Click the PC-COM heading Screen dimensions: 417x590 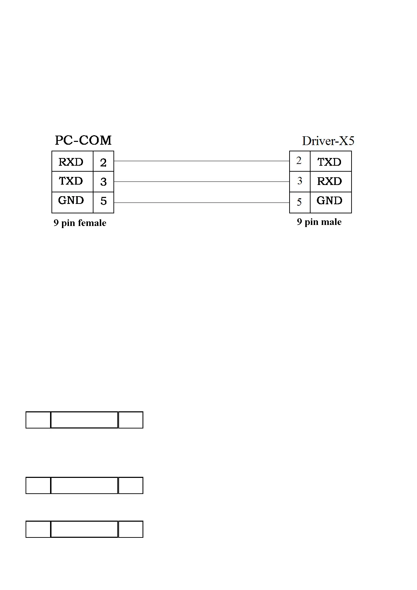83,140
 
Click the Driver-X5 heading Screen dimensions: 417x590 328,141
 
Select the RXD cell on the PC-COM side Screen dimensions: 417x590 71,162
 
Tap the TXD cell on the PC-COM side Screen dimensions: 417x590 71,181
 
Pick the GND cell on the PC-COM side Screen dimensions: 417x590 71,200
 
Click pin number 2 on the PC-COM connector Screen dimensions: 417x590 103,163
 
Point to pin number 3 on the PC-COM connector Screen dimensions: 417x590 103,182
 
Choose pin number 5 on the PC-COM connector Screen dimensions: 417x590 103,201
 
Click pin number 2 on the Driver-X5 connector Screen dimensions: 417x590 299,160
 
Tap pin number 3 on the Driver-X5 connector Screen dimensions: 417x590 299,181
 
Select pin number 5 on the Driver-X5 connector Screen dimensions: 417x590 299,202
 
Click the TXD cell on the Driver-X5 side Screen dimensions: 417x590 329,162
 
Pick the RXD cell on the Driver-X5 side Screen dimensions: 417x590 329,181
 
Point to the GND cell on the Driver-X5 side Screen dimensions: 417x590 329,200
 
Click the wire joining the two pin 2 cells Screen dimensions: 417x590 201,161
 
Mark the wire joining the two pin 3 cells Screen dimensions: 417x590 201,181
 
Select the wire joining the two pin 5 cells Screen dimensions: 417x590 201,203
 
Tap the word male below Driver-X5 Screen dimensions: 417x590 331,222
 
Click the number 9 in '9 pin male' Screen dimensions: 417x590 299,222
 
